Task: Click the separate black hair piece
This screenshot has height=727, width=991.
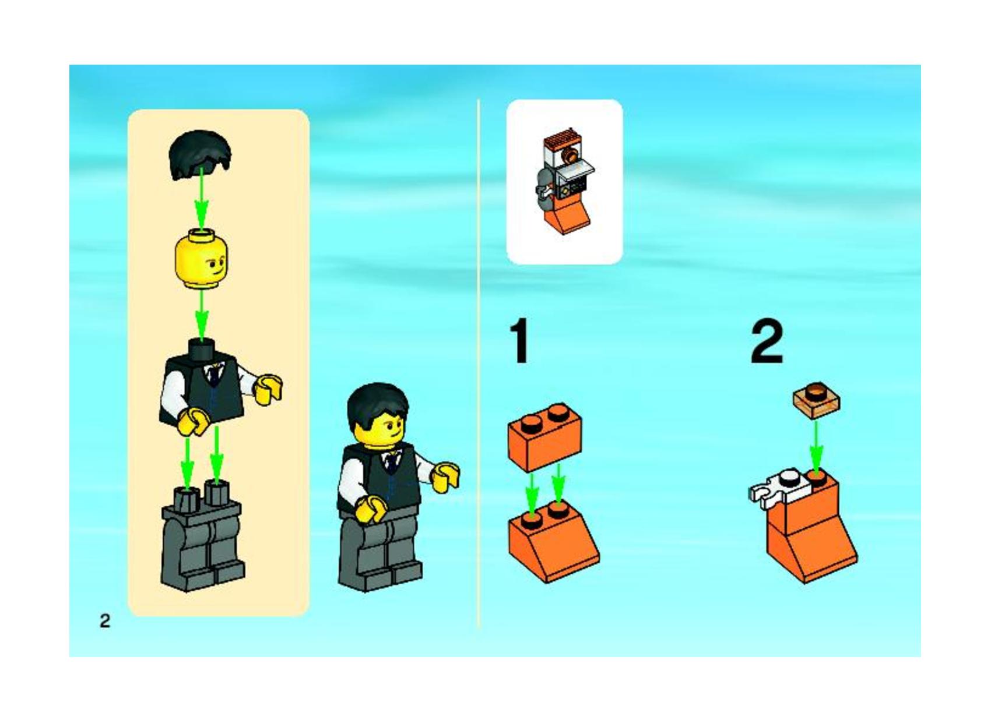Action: [x=200, y=154]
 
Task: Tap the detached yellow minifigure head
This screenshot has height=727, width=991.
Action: [x=202, y=259]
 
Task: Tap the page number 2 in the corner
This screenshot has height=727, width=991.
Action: [x=105, y=622]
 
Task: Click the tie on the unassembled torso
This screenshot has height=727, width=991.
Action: [x=216, y=377]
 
